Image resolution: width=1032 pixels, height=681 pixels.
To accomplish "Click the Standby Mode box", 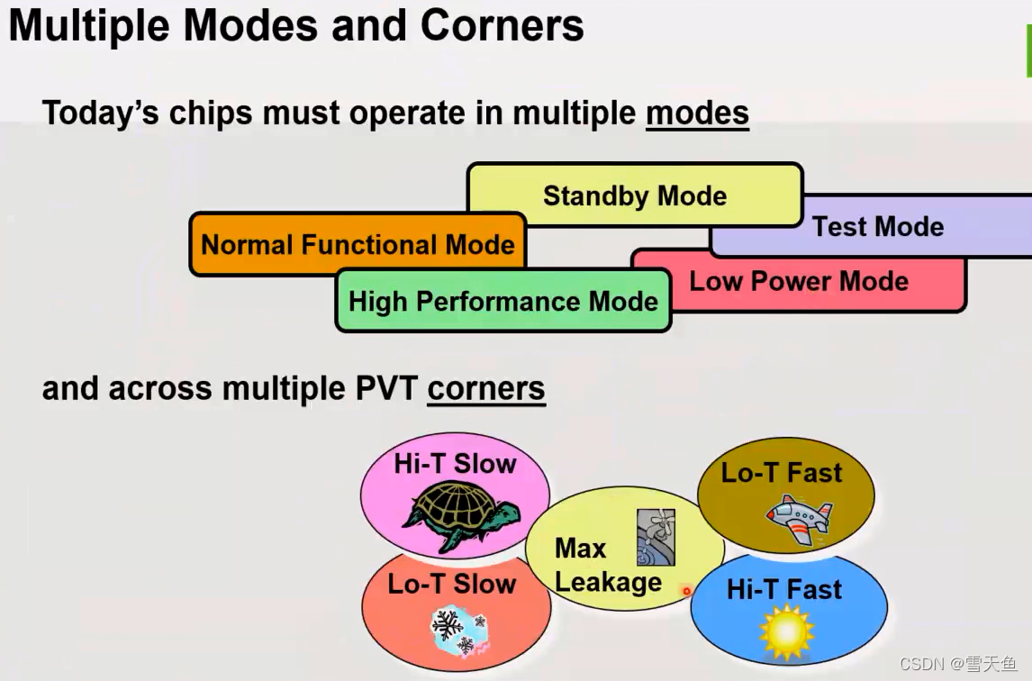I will [634, 195].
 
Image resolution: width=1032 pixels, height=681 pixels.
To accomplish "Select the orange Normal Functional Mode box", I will [358, 244].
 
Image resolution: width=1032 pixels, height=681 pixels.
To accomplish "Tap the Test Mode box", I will [878, 226].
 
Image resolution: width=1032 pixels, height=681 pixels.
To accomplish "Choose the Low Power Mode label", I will [799, 281].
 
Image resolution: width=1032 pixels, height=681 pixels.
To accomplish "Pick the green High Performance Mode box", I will [503, 301].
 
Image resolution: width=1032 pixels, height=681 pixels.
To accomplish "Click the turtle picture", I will [459, 515].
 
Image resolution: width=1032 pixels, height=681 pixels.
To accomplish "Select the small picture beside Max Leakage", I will [656, 537].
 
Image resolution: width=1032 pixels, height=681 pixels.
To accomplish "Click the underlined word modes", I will [697, 113].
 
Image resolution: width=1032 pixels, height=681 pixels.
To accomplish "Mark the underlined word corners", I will [486, 388].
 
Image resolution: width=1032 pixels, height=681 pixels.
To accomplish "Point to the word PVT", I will [382, 388].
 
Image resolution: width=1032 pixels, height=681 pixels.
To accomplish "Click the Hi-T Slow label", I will [455, 464].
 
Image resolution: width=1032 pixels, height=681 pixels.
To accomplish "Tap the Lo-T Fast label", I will [782, 472].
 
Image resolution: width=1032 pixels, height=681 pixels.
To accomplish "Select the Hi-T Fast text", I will [784, 589].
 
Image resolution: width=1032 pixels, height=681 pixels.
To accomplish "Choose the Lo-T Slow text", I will [452, 584].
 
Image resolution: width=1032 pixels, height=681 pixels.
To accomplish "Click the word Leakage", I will [608, 582].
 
